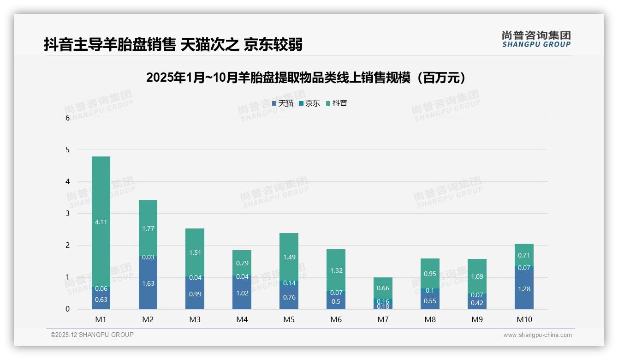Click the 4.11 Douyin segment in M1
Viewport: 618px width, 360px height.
(101, 222)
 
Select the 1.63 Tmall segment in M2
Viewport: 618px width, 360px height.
(148, 283)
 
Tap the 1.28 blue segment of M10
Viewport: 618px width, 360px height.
(524, 289)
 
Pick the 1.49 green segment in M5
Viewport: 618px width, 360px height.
(289, 257)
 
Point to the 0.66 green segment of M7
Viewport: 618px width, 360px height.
(383, 288)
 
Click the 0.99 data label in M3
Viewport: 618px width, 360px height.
(195, 294)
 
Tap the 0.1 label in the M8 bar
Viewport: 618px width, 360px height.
(430, 290)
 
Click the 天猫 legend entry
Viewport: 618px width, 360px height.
(283, 103)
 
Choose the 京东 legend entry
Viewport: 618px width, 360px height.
(309, 103)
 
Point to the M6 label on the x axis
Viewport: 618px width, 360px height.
(336, 319)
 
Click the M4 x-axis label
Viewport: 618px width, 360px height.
(242, 319)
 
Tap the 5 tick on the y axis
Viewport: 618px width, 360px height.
(67, 150)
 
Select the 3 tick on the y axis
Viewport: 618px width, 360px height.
(67, 214)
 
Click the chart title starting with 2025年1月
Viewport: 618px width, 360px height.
(308, 78)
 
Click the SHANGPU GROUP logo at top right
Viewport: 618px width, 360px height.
(536, 39)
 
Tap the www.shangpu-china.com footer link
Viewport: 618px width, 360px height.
(537, 335)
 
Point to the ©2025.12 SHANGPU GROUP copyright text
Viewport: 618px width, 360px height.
(92, 335)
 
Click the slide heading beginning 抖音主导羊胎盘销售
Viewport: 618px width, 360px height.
(173, 45)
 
